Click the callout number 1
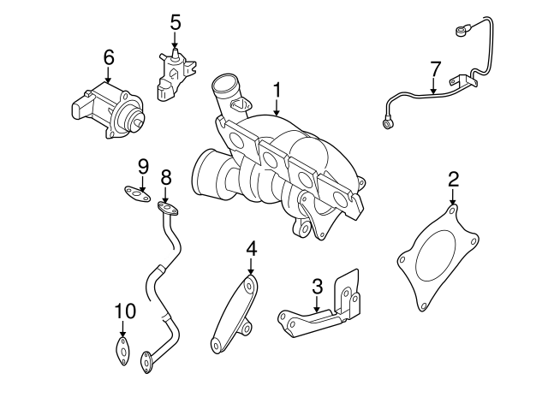point(277,90)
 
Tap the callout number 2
point(453,179)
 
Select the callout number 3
point(317,286)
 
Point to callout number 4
point(251,249)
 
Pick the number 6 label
point(108,57)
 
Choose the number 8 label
point(165,177)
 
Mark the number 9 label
point(143,165)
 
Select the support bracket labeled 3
point(325,308)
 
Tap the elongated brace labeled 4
point(233,312)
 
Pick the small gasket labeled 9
point(134,194)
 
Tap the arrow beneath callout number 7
point(435,86)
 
